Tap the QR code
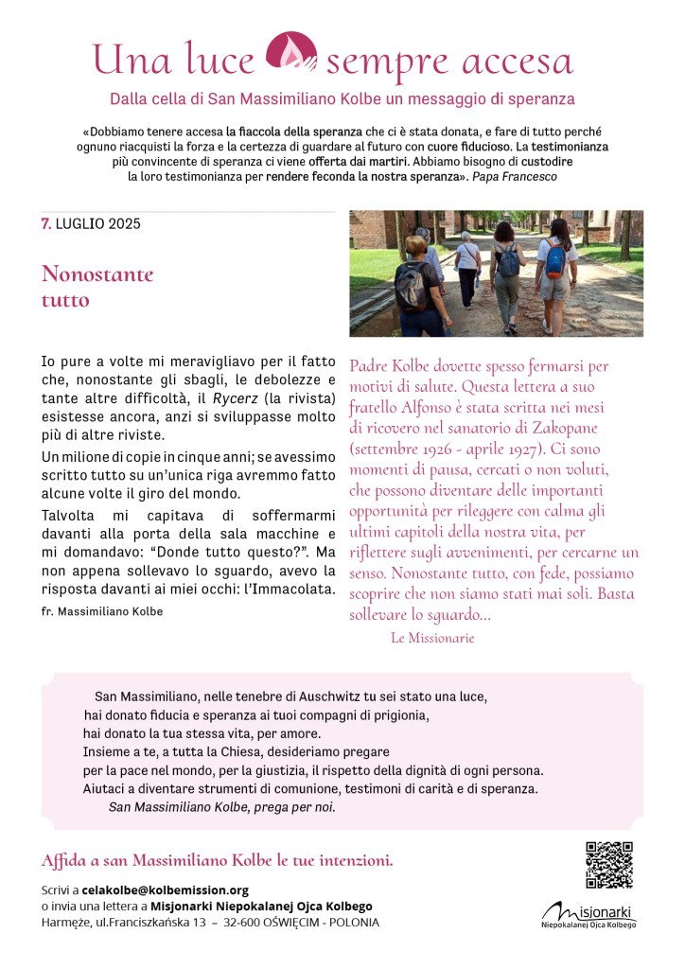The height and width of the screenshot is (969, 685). (608, 864)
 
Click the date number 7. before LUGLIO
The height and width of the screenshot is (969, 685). (46, 224)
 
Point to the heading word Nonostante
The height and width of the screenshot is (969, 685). (97, 275)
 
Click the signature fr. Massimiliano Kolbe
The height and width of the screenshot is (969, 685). (102, 611)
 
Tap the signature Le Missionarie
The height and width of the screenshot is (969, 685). (432, 638)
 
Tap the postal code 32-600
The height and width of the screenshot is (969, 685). (241, 922)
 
